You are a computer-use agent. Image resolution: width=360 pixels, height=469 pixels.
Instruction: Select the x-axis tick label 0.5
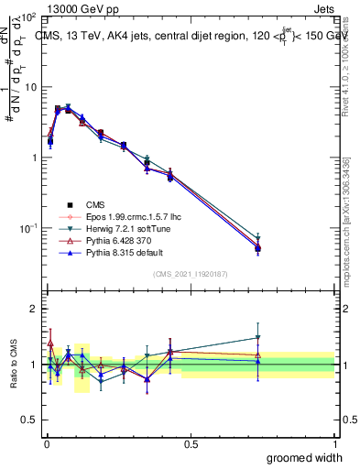click(x=191, y=445)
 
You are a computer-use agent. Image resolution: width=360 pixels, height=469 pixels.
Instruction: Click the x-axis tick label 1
click(x=334, y=445)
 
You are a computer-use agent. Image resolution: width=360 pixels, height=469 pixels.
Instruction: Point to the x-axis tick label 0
click(x=47, y=445)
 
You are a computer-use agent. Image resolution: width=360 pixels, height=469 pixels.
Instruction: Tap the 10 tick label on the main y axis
click(x=29, y=87)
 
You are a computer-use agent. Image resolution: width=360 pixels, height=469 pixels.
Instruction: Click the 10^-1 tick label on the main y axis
click(x=27, y=227)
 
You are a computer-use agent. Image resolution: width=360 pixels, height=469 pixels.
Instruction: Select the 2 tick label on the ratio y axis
click(x=35, y=309)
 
